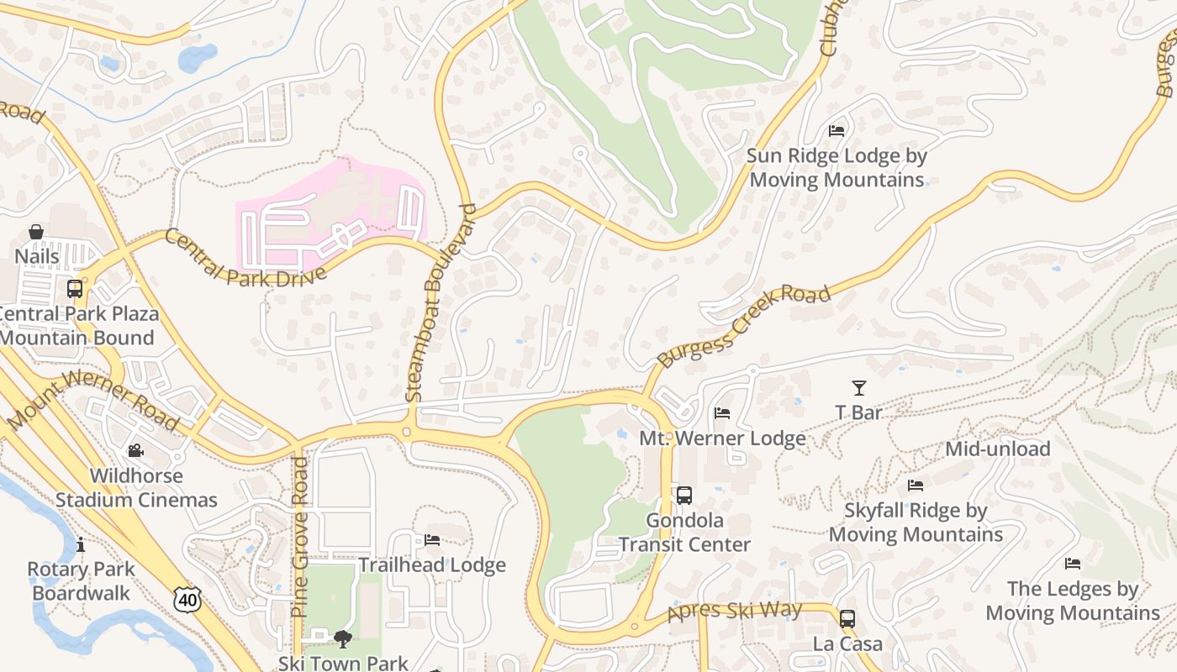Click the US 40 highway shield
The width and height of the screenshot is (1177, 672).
pos(187,599)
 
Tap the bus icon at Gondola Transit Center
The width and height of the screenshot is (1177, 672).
pos(684,496)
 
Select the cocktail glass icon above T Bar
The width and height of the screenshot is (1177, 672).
pos(858,388)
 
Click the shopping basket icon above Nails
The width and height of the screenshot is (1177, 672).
pos(36,232)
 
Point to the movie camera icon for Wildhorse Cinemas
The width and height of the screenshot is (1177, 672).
pos(135,452)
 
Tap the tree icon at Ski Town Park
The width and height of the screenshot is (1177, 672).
pos(342,639)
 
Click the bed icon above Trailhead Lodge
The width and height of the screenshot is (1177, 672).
pos(432,540)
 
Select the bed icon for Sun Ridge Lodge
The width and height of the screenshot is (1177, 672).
pos(837,131)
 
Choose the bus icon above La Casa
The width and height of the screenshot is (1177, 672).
pos(847,619)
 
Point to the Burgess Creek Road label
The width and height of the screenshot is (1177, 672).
pos(744,327)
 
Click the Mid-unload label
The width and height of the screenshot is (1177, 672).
pos(997,449)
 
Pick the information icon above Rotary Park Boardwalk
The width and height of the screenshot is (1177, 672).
pos(80,545)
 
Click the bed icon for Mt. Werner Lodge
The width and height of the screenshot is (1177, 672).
pos(722,413)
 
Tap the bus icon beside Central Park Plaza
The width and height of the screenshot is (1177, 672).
pos(75,289)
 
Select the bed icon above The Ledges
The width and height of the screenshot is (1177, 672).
pos(1073,564)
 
